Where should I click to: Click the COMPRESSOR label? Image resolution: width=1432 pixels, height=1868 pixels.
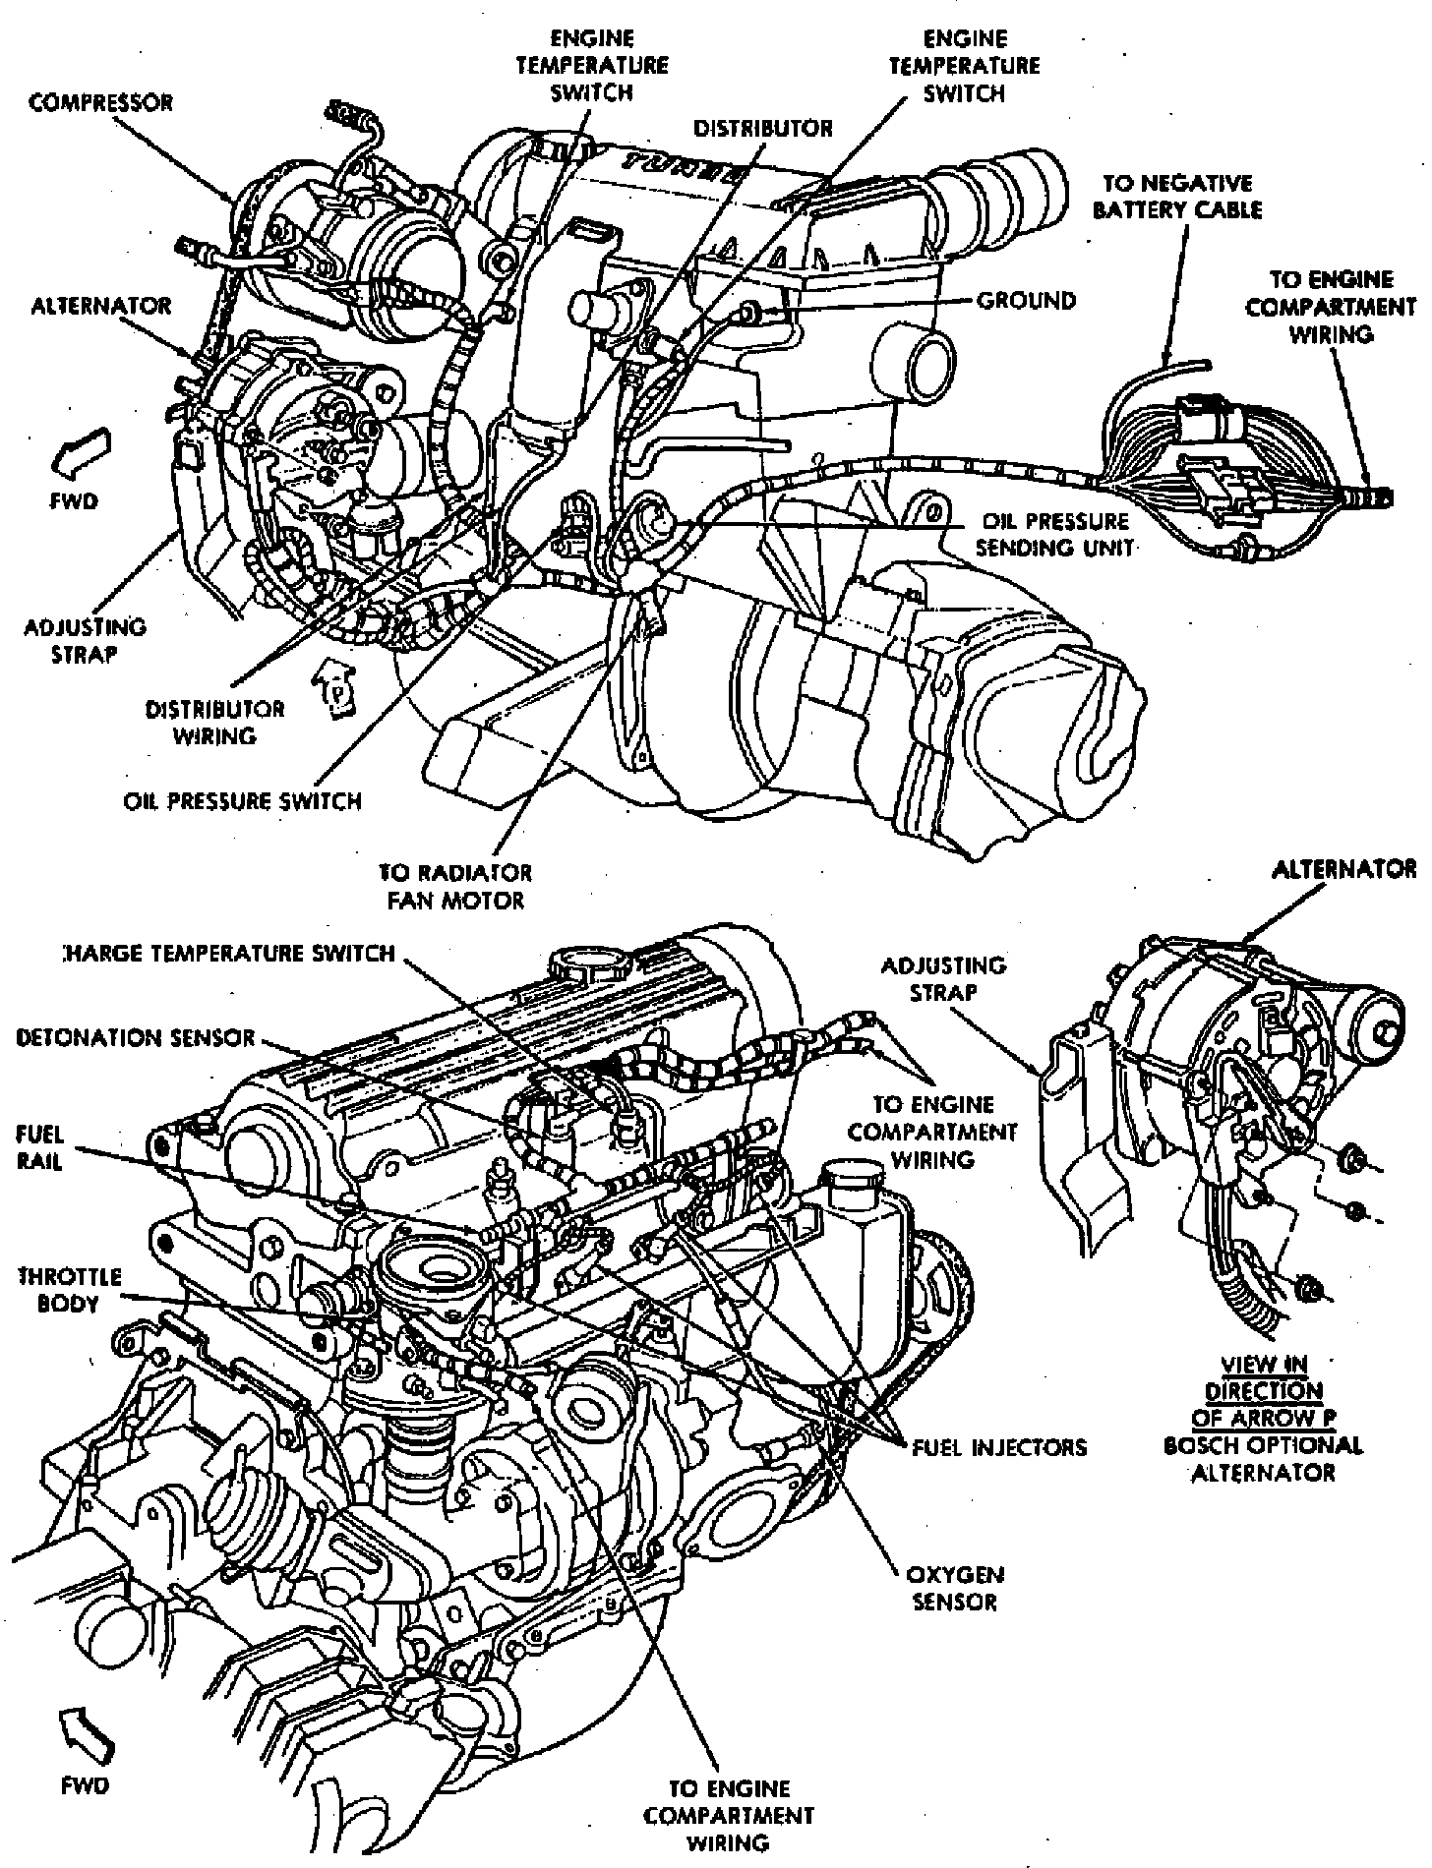pyautogui.click(x=100, y=103)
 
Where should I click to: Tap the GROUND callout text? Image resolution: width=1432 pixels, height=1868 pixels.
pyautogui.click(x=1026, y=300)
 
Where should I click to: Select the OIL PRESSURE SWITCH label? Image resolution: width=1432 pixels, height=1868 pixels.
pyautogui.click(x=242, y=801)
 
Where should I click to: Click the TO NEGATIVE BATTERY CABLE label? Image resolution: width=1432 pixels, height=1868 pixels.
pyautogui.click(x=1177, y=197)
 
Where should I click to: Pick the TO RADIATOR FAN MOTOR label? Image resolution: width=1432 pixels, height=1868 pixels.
pyautogui.click(x=455, y=887)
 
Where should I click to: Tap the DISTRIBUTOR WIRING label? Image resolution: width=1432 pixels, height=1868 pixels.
pyautogui.click(x=214, y=723)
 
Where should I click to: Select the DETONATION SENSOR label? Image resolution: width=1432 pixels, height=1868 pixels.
pyautogui.click(x=136, y=1038)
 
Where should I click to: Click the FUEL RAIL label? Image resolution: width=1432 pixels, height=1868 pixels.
pyautogui.click(x=39, y=1147)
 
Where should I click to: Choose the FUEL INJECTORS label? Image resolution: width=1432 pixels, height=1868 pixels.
pyautogui.click(x=999, y=1447)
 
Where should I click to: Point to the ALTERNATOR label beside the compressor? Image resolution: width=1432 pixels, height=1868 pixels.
pyautogui.click(x=100, y=306)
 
